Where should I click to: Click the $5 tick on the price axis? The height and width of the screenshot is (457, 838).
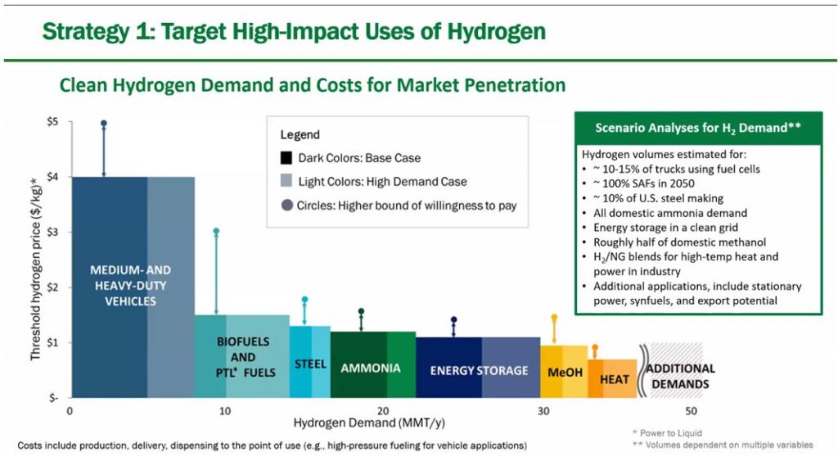pos(52,122)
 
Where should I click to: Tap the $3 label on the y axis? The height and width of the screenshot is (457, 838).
pos(52,233)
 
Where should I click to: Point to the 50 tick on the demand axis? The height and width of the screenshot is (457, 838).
pos(691,411)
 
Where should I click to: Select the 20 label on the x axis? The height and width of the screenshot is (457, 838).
pos(383,411)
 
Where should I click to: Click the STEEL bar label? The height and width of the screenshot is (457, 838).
pos(310,364)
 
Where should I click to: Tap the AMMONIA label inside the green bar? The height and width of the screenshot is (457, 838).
pos(371,369)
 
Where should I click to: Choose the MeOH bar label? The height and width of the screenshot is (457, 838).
pos(565,372)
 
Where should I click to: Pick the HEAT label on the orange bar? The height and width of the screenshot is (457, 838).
pos(614,379)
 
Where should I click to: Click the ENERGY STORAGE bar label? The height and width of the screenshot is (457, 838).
pos(479,370)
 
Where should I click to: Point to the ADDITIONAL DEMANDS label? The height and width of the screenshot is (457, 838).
pos(680,376)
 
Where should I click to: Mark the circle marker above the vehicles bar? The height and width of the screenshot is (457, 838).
pos(104,124)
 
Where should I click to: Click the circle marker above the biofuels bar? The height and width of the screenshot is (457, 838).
pos(216,231)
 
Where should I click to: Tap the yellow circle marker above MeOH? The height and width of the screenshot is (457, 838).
pos(554,317)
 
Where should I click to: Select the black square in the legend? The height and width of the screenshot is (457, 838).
pos(286,158)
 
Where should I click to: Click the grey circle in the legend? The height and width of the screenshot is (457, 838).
pos(287,205)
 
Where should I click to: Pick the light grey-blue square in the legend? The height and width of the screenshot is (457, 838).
pos(286,181)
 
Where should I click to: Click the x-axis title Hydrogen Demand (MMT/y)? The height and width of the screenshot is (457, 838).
pos(369,423)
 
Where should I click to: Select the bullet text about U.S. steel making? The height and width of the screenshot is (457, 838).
pos(658,198)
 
